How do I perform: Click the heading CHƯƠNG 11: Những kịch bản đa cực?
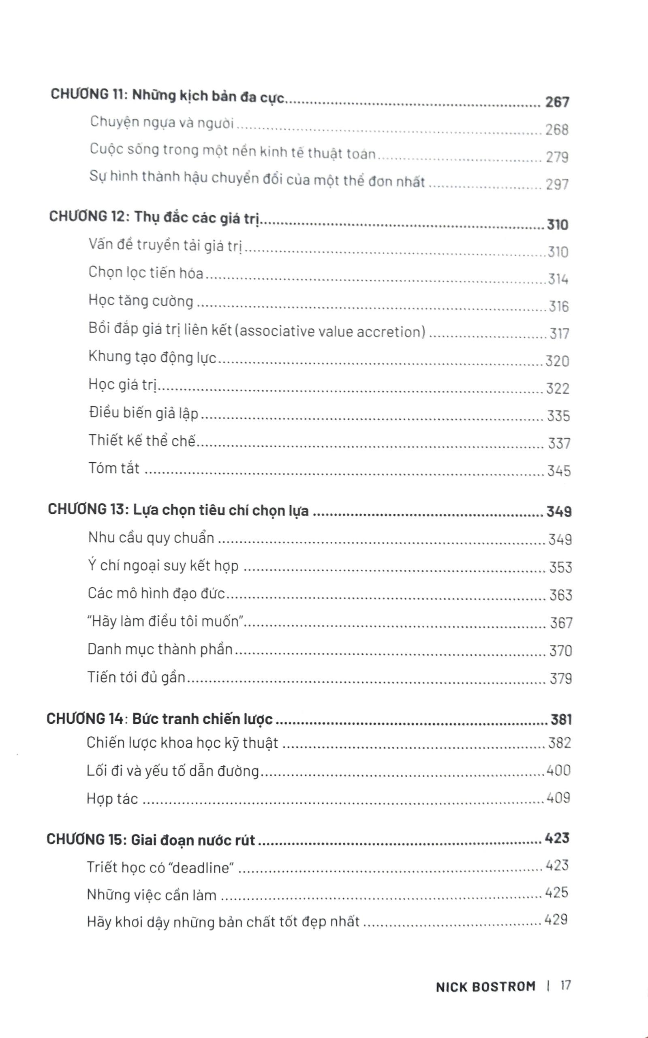167,96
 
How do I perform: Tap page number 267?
557,102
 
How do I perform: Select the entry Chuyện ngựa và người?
162,122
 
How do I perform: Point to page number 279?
557,157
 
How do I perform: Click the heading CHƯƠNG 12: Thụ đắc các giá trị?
155,218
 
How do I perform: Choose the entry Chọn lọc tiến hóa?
146,273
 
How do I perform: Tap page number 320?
557,361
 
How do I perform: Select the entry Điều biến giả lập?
143,413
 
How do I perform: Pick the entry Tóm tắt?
114,468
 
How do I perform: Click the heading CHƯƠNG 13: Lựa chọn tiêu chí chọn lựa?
178,510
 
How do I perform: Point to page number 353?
560,567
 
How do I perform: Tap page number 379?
560,679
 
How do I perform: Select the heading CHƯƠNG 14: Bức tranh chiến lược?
159,719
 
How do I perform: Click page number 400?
558,770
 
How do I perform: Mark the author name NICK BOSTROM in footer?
485,987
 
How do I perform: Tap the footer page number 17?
566,986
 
